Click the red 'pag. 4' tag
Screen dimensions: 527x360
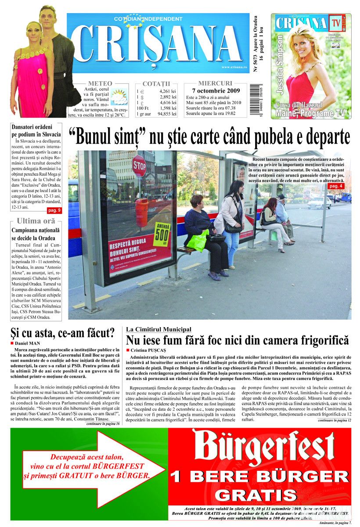point(336,187)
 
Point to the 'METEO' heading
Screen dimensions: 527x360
point(100,83)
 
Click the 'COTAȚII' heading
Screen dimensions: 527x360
point(156,84)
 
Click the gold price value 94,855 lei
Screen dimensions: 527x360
point(167,114)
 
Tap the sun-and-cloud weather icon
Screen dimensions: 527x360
point(119,96)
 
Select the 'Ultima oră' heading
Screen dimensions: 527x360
point(36,221)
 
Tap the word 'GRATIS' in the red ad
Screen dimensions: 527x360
point(259,495)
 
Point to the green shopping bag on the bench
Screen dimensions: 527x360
point(198,241)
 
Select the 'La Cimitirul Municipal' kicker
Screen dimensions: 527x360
point(158,329)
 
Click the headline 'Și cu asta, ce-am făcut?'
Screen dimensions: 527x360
point(62,332)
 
